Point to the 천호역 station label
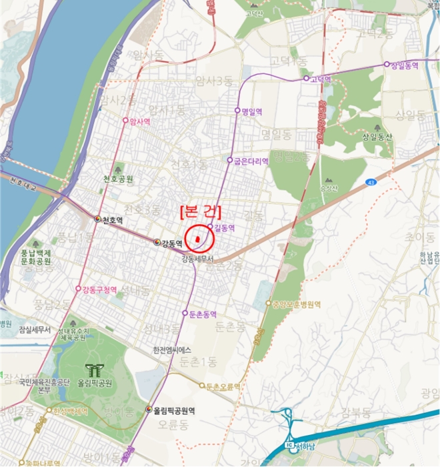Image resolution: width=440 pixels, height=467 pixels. coord(113,219)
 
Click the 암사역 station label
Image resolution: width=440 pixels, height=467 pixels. coord(139,121)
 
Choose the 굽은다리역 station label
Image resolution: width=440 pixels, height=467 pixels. coord(252,161)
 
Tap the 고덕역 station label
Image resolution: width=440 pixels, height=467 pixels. coord(321,79)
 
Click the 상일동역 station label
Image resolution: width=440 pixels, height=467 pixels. coord(404,65)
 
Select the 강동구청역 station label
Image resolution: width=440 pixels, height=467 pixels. coord(100,290)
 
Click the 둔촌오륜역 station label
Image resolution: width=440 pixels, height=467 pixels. coord(223,386)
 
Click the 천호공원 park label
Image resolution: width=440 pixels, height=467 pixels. coord(118,179)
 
